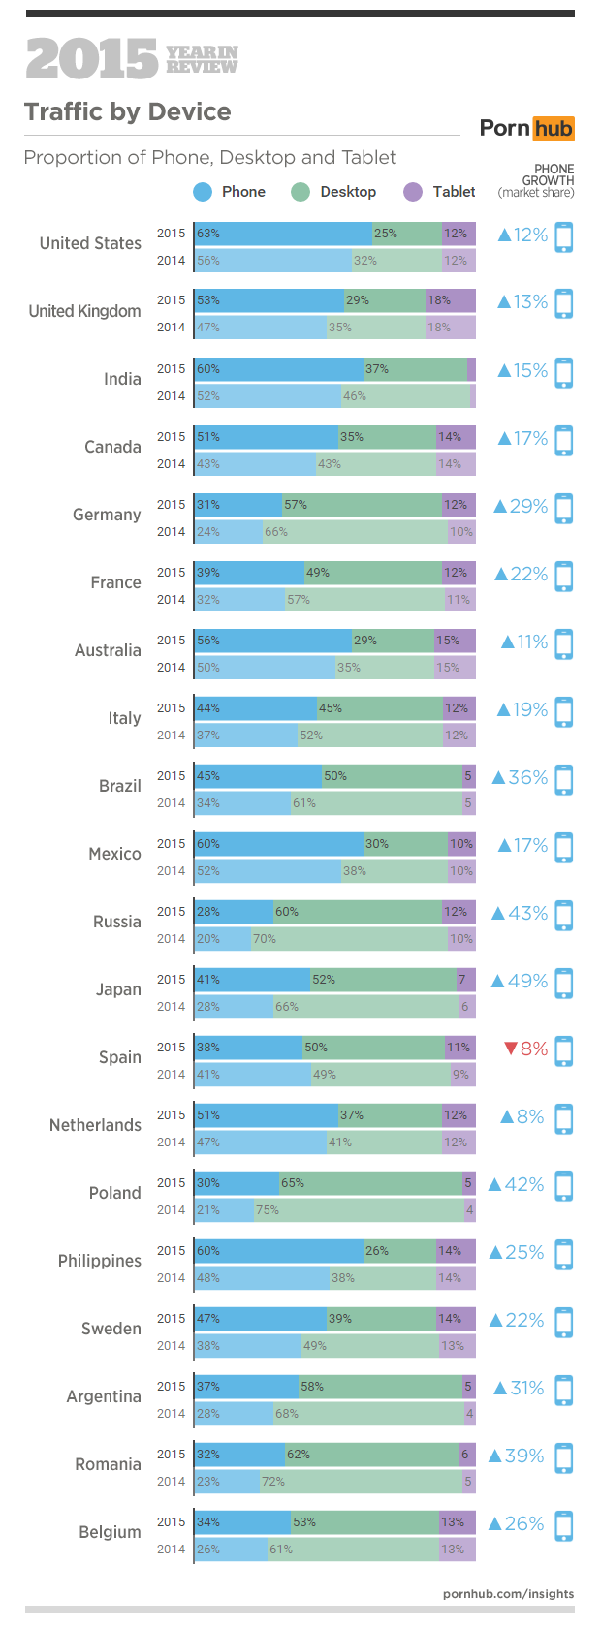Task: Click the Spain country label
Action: click(x=120, y=1057)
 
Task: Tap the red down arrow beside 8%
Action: click(x=511, y=1049)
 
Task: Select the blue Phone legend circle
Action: click(x=203, y=192)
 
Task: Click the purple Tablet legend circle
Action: click(x=414, y=192)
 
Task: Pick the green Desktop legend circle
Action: click(x=300, y=192)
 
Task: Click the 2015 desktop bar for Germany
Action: click(x=362, y=505)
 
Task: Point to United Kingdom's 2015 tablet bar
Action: click(x=450, y=300)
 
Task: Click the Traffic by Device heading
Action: click(x=128, y=112)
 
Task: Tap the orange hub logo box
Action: click(x=554, y=128)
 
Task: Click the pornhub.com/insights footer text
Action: click(x=508, y=1594)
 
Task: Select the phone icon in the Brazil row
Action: click(x=564, y=779)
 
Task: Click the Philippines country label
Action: click(x=100, y=1261)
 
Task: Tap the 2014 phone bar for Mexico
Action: click(x=268, y=871)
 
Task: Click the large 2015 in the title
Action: click(x=91, y=60)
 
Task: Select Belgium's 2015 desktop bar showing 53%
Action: click(x=364, y=1522)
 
